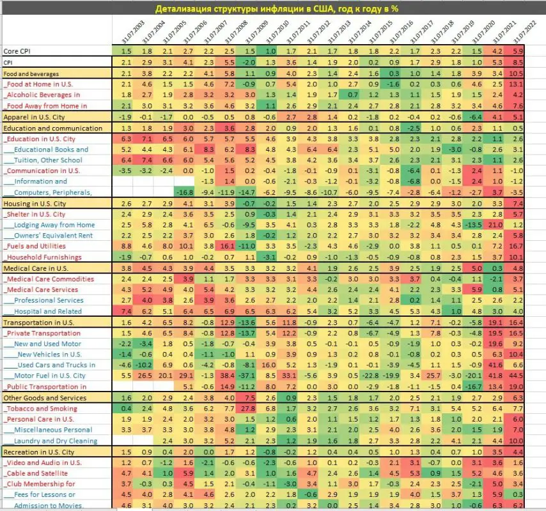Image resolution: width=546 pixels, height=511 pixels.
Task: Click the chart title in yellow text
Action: [273, 9]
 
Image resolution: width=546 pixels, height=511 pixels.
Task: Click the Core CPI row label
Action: [19, 51]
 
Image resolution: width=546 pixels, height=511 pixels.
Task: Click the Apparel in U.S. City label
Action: [38, 117]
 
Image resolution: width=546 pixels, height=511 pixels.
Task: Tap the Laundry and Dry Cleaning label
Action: [57, 441]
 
